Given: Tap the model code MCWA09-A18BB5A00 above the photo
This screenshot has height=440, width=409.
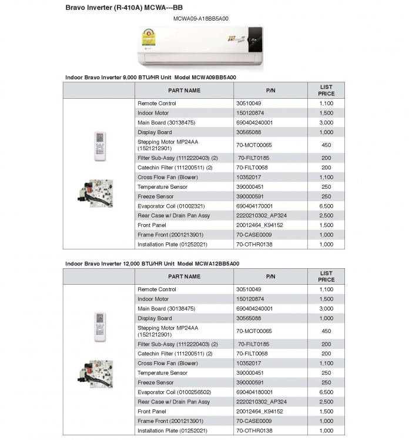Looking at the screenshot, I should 200,19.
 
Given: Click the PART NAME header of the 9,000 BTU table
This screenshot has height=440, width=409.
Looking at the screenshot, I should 184,91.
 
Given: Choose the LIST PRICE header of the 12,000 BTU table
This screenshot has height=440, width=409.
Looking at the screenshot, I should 326,276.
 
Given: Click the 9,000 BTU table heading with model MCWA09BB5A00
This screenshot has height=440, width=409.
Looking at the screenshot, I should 150,77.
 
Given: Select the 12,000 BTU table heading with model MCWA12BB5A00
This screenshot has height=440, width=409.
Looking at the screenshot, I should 152,264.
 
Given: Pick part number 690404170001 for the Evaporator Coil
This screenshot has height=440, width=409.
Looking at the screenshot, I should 254,206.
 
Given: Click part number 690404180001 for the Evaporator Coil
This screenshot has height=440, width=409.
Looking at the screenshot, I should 254,392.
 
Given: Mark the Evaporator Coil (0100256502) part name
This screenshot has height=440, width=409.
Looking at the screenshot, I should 174,392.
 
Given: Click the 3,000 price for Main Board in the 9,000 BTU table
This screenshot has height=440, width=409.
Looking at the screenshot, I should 326,122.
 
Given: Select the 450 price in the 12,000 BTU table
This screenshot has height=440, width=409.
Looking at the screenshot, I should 326,331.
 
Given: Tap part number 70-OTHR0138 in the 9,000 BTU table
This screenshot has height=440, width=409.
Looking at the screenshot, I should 254,244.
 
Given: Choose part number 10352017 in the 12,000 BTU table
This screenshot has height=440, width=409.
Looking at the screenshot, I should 249,364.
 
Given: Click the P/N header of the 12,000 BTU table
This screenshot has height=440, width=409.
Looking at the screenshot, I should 270,276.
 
